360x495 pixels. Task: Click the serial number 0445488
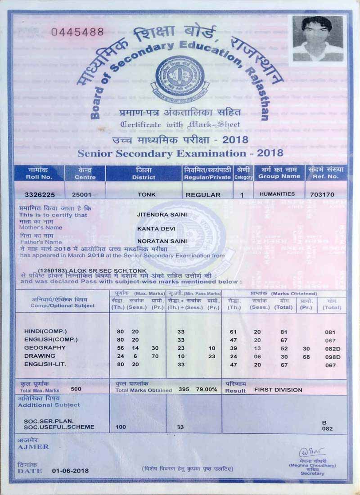pos(77,32)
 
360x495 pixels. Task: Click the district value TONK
pos(144,195)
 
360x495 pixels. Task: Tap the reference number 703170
pos(325,195)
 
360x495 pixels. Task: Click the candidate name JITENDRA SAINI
pos(159,215)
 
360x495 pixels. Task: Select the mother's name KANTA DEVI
pos(154,229)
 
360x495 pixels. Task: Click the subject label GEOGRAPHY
pos(45,348)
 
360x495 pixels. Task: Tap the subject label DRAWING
pos(40,356)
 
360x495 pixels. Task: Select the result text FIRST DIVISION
pos(278,390)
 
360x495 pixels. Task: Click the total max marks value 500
pos(76,389)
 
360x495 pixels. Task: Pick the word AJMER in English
pos(33,447)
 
